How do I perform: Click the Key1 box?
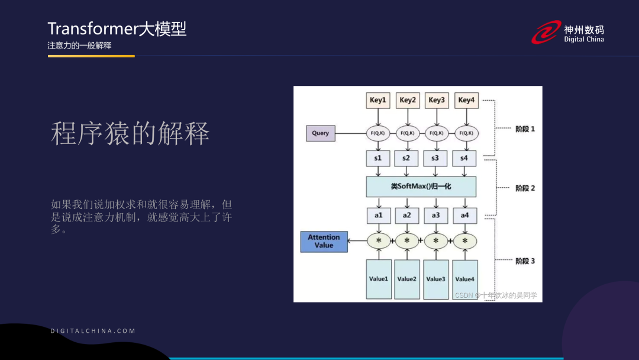[377, 100]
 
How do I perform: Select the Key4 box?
[466, 100]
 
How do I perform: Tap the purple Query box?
[320, 133]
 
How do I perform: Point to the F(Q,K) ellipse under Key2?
[407, 133]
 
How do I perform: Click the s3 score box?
[435, 158]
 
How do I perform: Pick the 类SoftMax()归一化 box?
[421, 187]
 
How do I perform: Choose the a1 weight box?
[378, 215]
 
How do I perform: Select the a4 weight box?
[465, 215]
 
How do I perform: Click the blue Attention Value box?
[324, 241]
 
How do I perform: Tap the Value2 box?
[407, 279]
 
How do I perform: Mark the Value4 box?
[465, 279]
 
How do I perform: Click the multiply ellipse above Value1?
[379, 241]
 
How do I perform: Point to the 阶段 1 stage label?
[525, 128]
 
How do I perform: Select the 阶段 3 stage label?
[525, 261]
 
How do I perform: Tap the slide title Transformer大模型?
[117, 28]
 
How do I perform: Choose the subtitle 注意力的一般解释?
[79, 46]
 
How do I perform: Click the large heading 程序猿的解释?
[130, 134]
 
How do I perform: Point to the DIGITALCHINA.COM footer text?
[93, 331]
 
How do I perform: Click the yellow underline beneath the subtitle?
[91, 56]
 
